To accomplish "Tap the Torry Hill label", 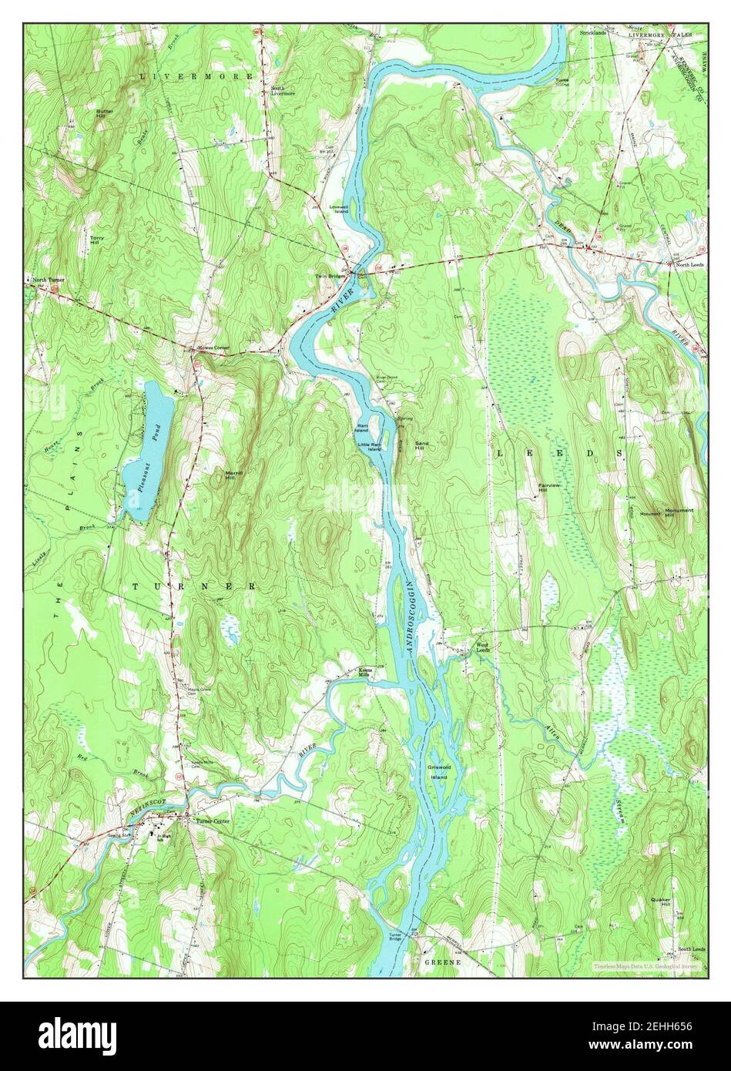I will [x=96, y=240].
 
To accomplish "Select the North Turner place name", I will [x=49, y=280].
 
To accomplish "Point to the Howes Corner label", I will [x=213, y=348].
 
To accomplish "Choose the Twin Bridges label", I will [x=330, y=275].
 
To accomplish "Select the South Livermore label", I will [x=283, y=91].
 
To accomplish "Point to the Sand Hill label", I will [x=422, y=446].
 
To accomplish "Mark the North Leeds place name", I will [x=690, y=264].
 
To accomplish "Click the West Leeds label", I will [x=482, y=647].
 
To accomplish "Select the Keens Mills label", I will [x=366, y=672].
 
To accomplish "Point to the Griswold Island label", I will [x=438, y=771].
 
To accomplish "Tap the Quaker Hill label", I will [x=660, y=902].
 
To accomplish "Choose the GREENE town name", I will [x=442, y=962].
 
